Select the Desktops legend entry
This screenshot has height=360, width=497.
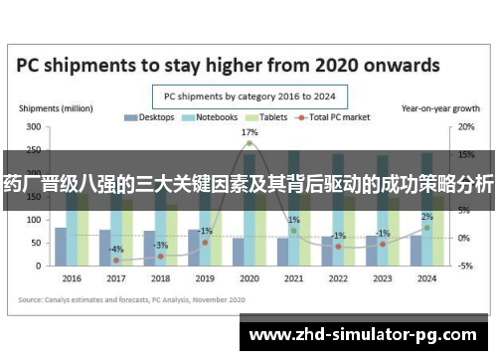(x=150, y=117)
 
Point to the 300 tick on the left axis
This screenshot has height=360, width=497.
(x=34, y=127)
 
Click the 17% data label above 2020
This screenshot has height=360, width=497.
(x=248, y=132)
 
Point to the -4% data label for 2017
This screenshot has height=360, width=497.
(x=116, y=249)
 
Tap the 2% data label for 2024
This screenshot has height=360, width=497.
(x=426, y=217)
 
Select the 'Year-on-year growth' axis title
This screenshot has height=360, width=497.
(x=433, y=106)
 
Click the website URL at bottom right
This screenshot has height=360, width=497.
(x=367, y=333)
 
